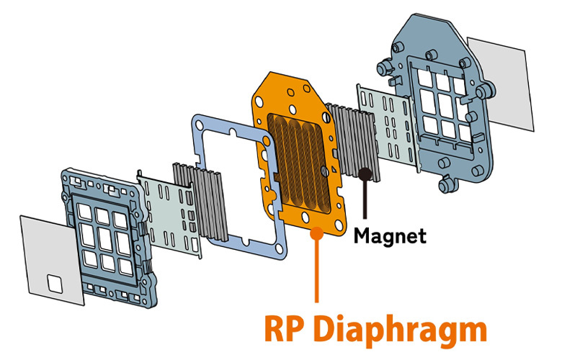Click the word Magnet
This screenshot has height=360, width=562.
390,235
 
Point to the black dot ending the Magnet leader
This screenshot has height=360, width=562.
367,174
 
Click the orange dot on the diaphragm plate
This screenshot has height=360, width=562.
315,233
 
